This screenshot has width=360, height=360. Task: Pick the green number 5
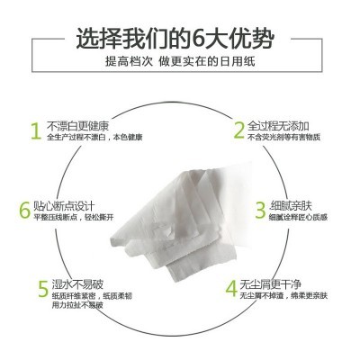click(x=41, y=291)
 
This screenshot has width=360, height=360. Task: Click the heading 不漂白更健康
click(x=79, y=124)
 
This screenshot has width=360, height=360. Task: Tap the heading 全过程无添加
click(x=280, y=124)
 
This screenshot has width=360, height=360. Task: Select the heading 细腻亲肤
click(x=292, y=205)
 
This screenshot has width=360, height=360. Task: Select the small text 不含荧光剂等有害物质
click(x=288, y=138)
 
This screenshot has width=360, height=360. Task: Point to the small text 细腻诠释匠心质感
click(x=300, y=219)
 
